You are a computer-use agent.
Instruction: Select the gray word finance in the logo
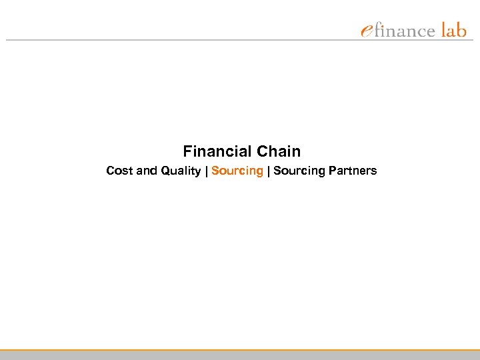click(x=405, y=31)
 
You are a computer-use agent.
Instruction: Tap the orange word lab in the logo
click(x=454, y=30)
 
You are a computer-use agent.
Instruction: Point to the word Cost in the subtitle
click(x=119, y=171)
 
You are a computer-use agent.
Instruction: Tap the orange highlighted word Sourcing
click(x=237, y=171)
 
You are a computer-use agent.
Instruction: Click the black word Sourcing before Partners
click(x=299, y=171)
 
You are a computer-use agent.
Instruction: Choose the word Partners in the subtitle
click(x=353, y=171)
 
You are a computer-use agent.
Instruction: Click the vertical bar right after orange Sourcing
click(x=268, y=171)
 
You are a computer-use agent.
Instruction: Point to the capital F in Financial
click(x=187, y=151)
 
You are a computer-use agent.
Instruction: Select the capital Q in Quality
click(x=164, y=171)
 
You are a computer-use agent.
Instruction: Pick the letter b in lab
click(x=461, y=30)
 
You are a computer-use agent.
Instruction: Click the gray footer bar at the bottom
click(x=240, y=355)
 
